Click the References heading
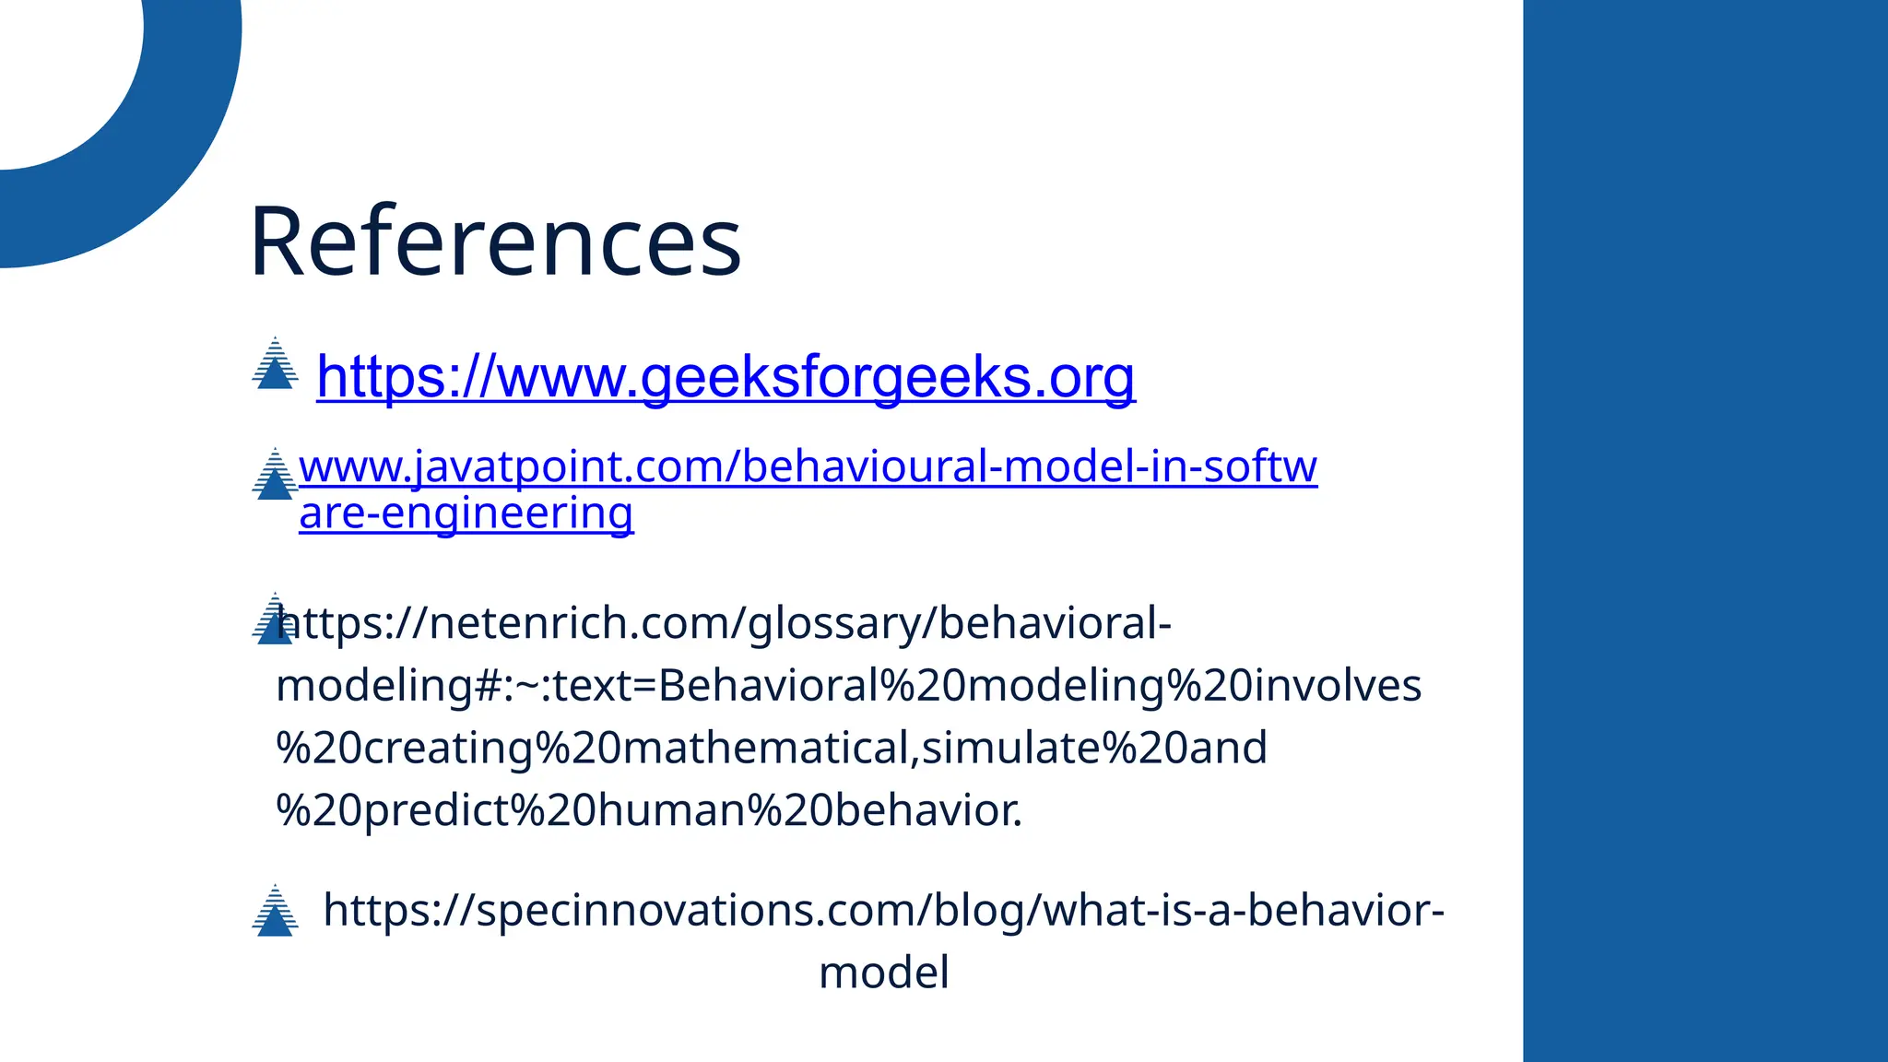click(x=495, y=242)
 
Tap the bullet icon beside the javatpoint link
click(x=274, y=475)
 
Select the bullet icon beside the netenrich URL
click(x=273, y=619)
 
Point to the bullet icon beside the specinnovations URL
click(x=275, y=912)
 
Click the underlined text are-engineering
click(x=466, y=513)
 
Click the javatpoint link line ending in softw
click(x=808, y=466)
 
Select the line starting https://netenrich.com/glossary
click(x=724, y=623)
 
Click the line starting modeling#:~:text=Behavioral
click(x=848, y=686)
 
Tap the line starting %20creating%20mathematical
click(x=772, y=748)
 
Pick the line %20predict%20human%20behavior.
click(x=649, y=810)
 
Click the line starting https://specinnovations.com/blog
click(x=883, y=911)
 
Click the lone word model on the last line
click(x=883, y=973)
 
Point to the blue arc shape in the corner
click(x=184, y=138)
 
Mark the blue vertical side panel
click(x=1705, y=531)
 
